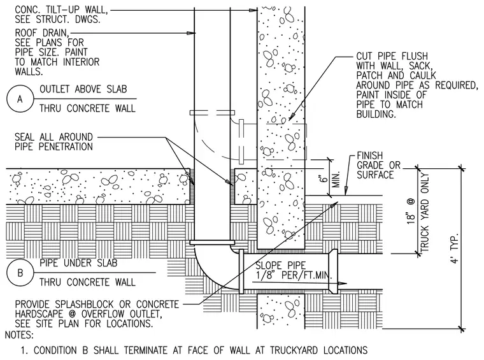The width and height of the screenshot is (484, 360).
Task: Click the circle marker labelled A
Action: coord(20,99)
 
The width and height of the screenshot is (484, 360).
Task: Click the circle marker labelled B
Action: coord(20,273)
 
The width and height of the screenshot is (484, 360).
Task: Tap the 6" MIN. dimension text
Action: coord(330,180)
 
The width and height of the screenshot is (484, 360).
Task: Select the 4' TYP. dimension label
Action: coord(455,248)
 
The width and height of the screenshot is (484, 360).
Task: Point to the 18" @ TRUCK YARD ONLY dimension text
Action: coord(418,212)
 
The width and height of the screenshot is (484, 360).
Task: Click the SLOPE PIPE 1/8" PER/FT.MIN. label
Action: coord(292,270)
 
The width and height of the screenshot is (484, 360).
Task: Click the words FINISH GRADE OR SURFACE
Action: coord(378,165)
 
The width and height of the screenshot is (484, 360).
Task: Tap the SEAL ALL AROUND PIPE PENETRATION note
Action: coord(53,141)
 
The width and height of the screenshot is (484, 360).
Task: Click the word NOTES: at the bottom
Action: coord(19,335)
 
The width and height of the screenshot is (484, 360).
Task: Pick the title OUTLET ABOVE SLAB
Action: coord(83,89)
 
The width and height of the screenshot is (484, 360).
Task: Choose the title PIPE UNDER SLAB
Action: coord(78,263)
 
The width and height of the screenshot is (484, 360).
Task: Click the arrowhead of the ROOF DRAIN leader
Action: coord(192,32)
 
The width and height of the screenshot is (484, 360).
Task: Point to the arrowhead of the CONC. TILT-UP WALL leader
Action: coord(253,10)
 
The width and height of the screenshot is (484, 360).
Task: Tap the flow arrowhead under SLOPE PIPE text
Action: coord(343,283)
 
